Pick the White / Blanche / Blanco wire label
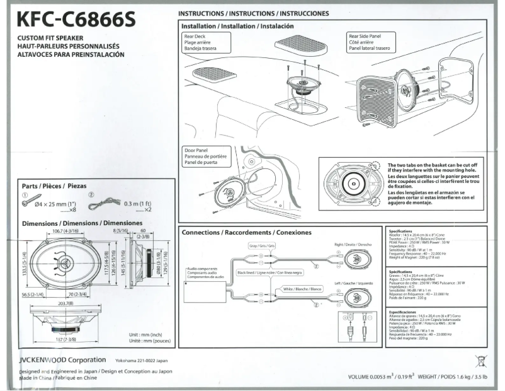tap(302, 288)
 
